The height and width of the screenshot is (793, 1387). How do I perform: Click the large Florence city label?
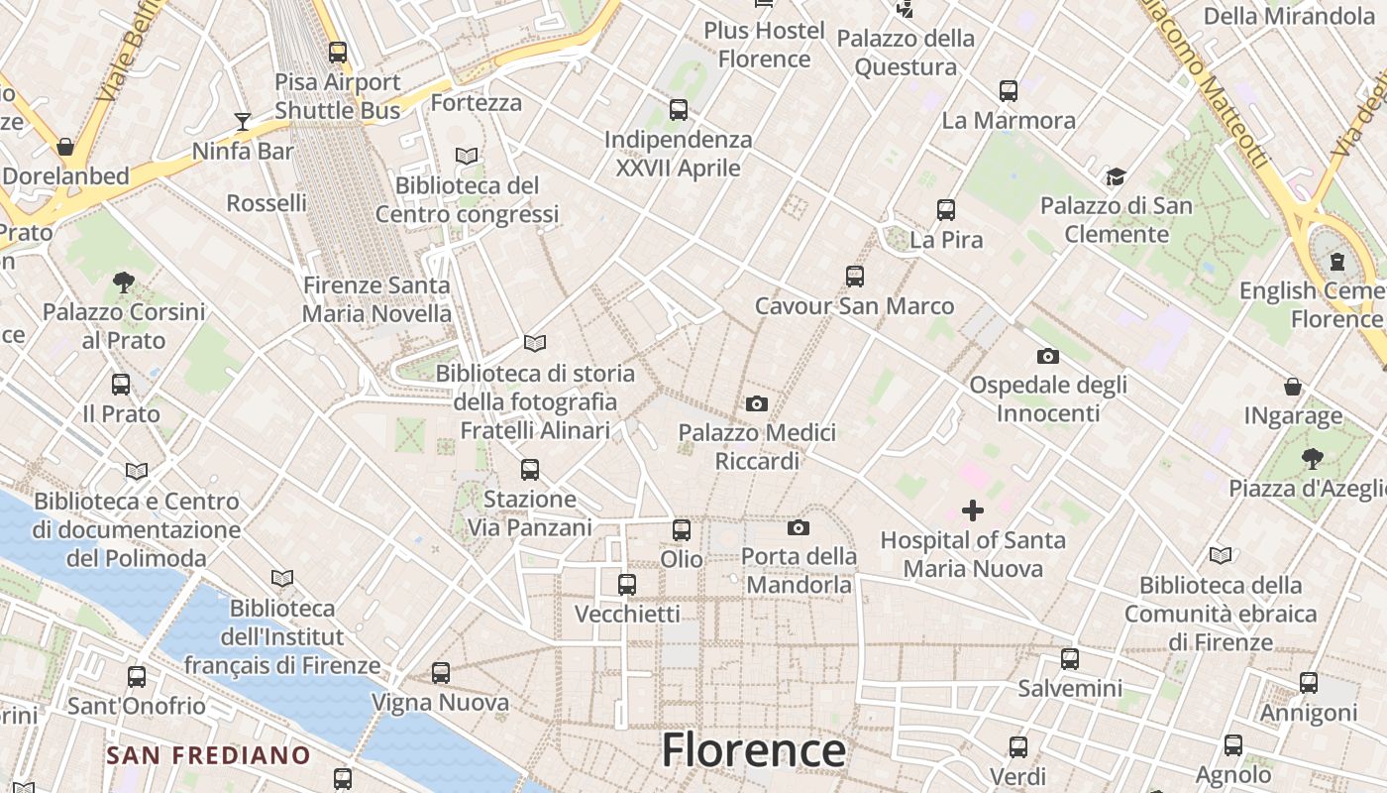[x=753, y=750]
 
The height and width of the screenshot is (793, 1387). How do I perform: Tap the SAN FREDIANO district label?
[x=208, y=755]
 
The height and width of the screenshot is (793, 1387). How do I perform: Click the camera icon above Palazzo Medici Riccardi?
[x=757, y=403]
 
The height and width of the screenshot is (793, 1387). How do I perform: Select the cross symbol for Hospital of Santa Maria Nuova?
[x=973, y=510]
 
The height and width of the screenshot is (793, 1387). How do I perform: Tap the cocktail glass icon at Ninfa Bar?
[x=243, y=122]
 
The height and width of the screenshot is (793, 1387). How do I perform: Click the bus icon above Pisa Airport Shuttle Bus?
[x=338, y=53]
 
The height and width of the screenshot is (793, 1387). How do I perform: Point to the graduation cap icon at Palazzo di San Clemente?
[x=1117, y=176]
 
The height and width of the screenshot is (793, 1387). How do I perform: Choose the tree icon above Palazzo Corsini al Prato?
[x=124, y=283]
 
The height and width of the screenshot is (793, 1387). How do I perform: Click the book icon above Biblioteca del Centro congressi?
[x=467, y=156]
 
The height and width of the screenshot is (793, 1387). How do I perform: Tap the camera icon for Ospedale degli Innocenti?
[x=1048, y=356]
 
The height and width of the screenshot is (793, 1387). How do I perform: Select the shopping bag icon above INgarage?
[x=1293, y=386]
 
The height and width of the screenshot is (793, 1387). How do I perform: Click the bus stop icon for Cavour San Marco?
[x=855, y=277]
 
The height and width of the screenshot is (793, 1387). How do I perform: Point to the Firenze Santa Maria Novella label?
[x=376, y=299]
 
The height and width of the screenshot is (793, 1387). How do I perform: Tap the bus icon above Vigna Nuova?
[x=441, y=673]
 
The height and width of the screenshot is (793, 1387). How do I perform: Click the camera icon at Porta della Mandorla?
[x=799, y=527]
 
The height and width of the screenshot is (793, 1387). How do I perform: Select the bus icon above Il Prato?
[x=121, y=384]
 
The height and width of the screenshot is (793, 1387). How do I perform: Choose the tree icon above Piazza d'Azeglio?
[x=1313, y=458]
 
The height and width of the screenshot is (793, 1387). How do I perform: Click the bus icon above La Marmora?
[x=1009, y=91]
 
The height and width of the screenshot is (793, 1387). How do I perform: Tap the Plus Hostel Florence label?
[x=764, y=45]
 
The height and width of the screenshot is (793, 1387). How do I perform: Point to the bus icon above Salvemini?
[x=1070, y=658]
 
